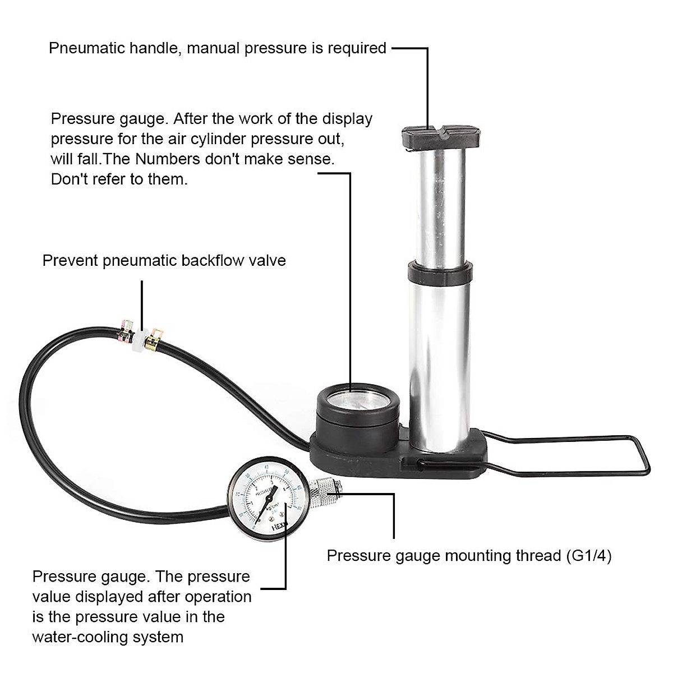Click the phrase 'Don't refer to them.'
pyautogui.click(x=119, y=179)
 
